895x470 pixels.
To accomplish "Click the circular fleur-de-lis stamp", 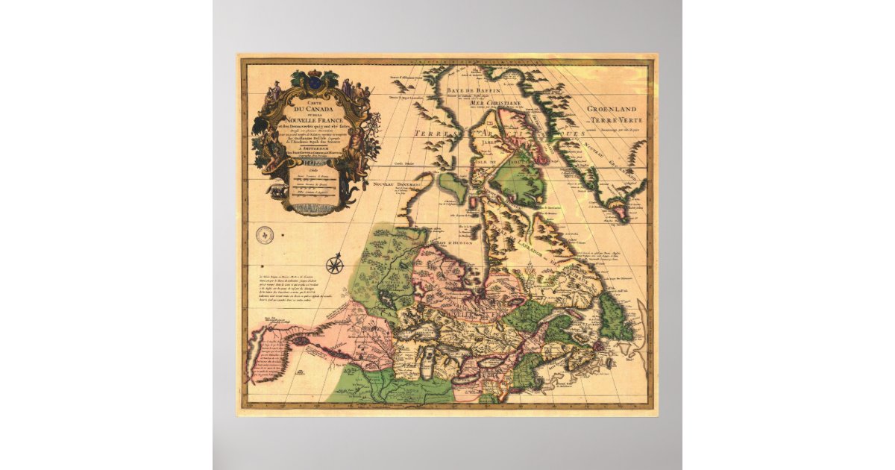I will [x=265, y=236].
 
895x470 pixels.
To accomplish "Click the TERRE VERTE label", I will [x=618, y=120].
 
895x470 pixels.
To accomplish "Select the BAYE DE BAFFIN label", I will [x=471, y=90].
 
